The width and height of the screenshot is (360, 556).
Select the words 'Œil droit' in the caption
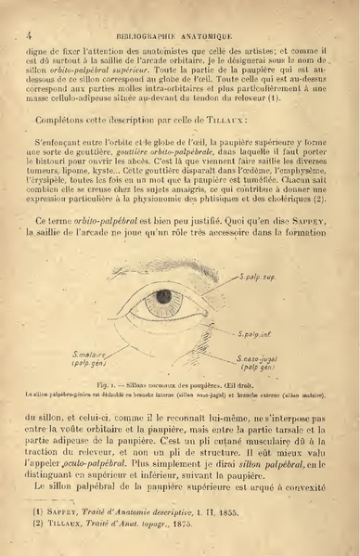point(258,382)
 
